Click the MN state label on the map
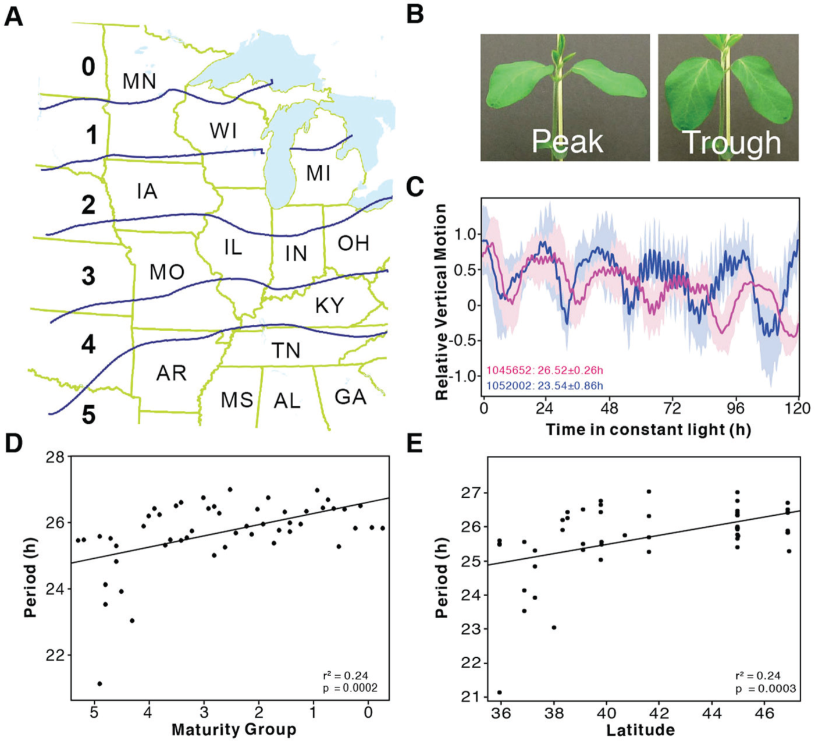click(139, 81)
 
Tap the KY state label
click(329, 306)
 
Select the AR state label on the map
click(171, 373)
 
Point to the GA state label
click(350, 397)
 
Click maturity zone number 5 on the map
click(88, 415)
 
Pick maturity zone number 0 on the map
click(88, 67)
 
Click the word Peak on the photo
click(567, 141)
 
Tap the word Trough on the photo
click(731, 143)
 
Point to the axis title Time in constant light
click(648, 430)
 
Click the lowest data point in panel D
click(99, 683)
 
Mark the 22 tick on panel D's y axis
click(55, 655)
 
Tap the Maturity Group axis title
click(234, 729)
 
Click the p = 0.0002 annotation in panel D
click(350, 688)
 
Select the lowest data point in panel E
click(500, 692)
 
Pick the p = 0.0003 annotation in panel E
click(765, 689)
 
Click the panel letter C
click(415, 187)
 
